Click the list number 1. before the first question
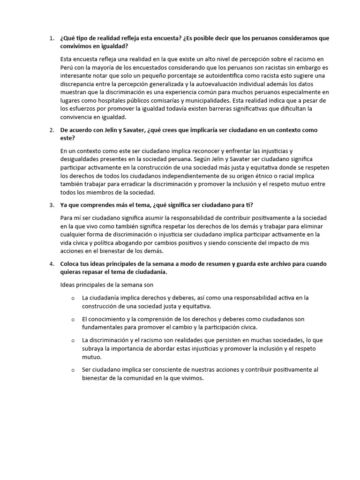pos(52,38)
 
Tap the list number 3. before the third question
pos(52,205)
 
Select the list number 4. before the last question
pos(52,264)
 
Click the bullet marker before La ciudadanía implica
pos(73,298)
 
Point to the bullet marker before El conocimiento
pos(73,319)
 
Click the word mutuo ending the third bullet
pos(91,356)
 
